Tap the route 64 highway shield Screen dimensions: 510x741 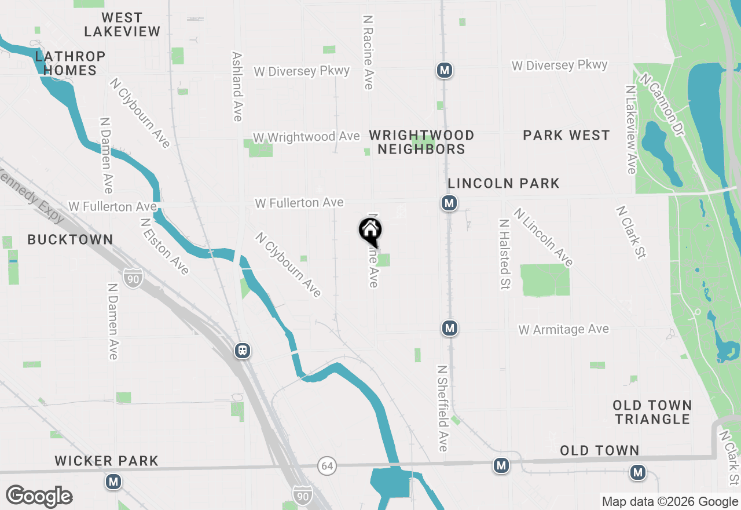[327, 465]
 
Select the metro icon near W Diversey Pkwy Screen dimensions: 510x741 [445, 71]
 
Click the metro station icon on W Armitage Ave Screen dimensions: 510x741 [450, 329]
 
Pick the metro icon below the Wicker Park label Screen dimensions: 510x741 [113, 482]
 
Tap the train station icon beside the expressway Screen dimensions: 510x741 [243, 351]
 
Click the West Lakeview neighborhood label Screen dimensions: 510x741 [122, 24]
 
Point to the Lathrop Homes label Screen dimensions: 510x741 [70, 63]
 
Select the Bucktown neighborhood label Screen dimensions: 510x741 [70, 239]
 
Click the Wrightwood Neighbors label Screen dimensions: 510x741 [421, 142]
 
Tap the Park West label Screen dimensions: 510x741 [566, 136]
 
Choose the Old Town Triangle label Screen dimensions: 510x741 [652, 412]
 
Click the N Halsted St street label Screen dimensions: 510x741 [504, 254]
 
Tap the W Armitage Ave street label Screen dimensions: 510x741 [563, 330]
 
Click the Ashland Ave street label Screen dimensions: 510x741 [237, 87]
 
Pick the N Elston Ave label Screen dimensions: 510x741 [164, 246]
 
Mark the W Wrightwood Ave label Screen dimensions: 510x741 [306, 137]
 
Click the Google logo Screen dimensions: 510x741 [39, 497]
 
